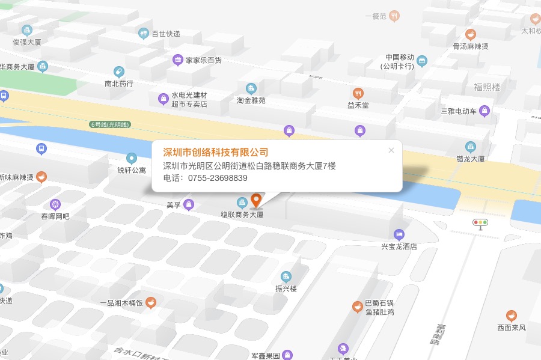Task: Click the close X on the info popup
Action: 391,150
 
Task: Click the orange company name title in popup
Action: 216,152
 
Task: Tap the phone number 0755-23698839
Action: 218,178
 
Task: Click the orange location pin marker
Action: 256,200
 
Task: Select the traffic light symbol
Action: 480,223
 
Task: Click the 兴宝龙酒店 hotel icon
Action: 399,234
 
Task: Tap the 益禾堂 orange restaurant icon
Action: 358,93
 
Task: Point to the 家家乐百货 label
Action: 204,60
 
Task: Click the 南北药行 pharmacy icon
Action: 119,72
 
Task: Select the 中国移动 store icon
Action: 422,61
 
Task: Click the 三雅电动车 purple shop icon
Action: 484,111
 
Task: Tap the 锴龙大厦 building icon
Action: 471,147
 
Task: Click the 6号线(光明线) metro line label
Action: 110,124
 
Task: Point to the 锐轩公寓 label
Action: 132,170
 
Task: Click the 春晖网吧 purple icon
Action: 55,204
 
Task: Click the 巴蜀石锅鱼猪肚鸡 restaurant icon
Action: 357,307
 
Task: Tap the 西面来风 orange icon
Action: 512,316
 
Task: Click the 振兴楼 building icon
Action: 286,276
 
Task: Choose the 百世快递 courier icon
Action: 144,34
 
